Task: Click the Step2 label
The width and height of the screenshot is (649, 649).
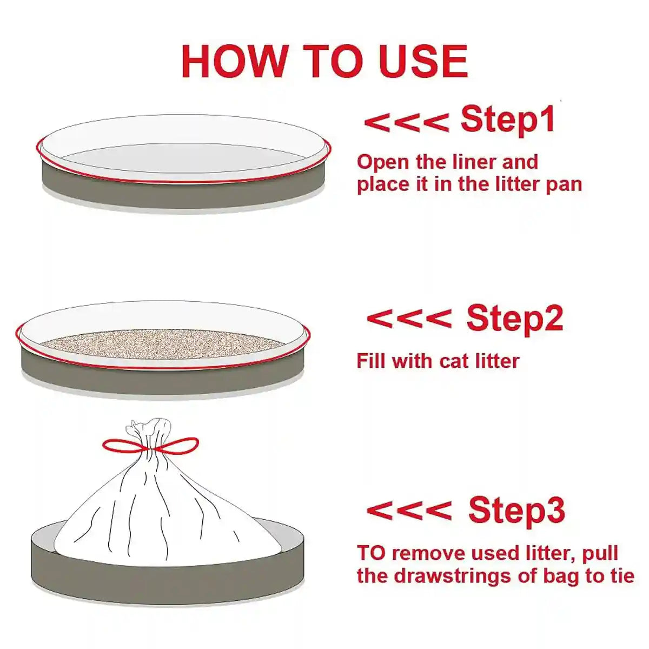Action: (x=514, y=318)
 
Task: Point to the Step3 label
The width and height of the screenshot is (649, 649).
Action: (x=516, y=509)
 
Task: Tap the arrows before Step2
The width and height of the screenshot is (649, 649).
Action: (x=409, y=319)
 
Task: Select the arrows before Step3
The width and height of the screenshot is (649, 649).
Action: (x=409, y=511)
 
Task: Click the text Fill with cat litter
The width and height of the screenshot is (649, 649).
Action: (x=438, y=361)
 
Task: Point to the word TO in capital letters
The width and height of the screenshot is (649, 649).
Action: (x=371, y=553)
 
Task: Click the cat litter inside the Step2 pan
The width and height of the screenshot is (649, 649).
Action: (x=162, y=344)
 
